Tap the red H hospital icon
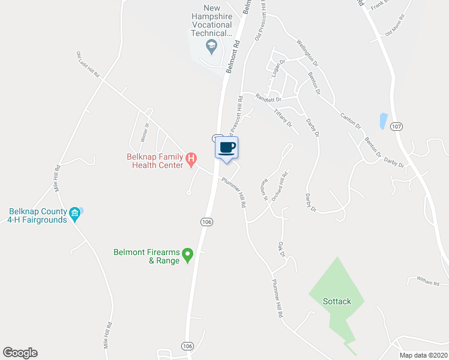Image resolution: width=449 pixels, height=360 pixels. pos(191,160)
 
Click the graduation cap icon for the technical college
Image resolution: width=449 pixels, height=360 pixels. pos(211,46)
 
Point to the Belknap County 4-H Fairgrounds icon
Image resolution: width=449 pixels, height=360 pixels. pos(75,213)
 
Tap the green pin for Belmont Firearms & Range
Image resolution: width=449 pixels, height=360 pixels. pos(187,256)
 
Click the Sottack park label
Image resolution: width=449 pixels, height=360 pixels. pos(337,301)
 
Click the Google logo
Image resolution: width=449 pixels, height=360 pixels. pos(20,353)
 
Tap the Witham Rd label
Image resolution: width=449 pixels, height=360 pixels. pos(428,281)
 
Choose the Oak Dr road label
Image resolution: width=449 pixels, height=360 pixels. pos(280,249)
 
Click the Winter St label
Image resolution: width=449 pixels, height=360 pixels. pos(144,131)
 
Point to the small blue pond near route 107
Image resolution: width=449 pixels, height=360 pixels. pos(382,121)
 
